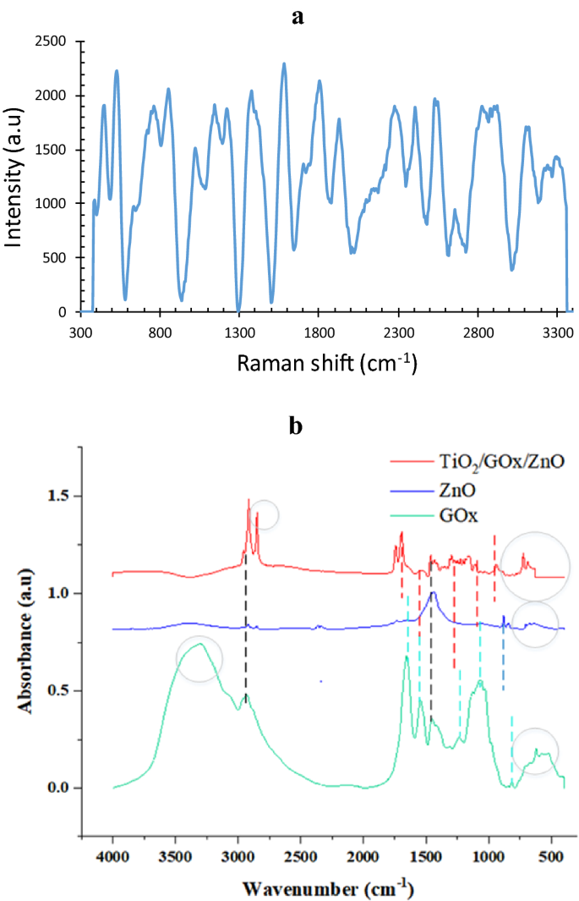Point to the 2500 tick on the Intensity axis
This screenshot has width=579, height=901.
[54, 41]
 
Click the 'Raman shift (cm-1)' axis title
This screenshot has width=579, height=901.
[328, 364]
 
